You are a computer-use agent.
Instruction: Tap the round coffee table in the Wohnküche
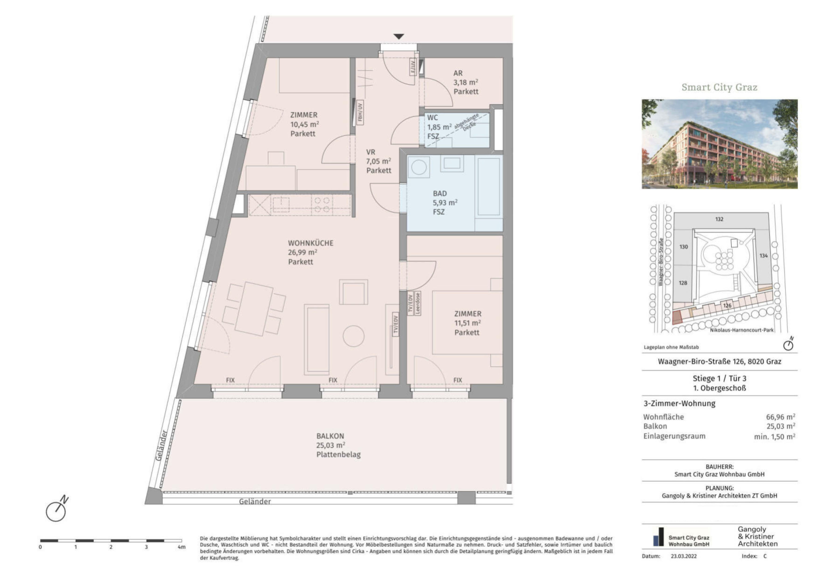(353, 336)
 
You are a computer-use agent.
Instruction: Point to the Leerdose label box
(418, 303)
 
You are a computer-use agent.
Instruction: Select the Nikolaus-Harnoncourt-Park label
(742, 330)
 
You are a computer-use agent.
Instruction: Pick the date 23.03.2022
(683, 556)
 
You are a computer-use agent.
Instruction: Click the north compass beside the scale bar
(57, 509)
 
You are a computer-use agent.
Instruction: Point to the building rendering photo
(719, 144)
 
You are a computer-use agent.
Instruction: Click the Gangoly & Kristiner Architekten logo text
(757, 536)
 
